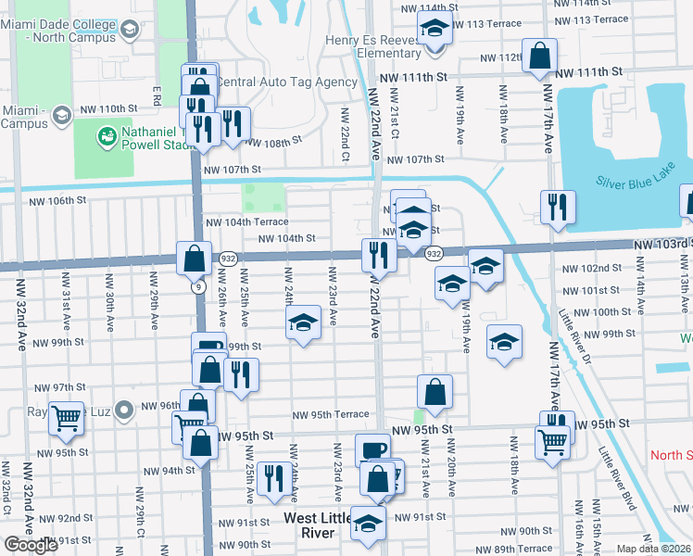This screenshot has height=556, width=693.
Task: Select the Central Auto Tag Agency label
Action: point(286,82)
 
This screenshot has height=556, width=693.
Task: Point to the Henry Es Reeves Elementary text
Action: point(375,46)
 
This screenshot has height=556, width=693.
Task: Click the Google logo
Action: point(31,544)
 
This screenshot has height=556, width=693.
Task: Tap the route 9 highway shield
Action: point(199,287)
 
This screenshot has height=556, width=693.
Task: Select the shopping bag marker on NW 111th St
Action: point(538,56)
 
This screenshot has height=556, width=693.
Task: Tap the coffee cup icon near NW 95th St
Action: point(372,449)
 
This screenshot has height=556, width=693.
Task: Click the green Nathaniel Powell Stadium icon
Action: point(107,137)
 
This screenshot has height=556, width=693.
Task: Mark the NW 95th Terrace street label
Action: point(332,415)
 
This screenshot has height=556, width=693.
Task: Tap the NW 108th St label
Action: point(274,143)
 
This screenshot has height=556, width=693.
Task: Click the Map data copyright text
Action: point(654,549)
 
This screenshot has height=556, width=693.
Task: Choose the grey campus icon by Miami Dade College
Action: point(128,32)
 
